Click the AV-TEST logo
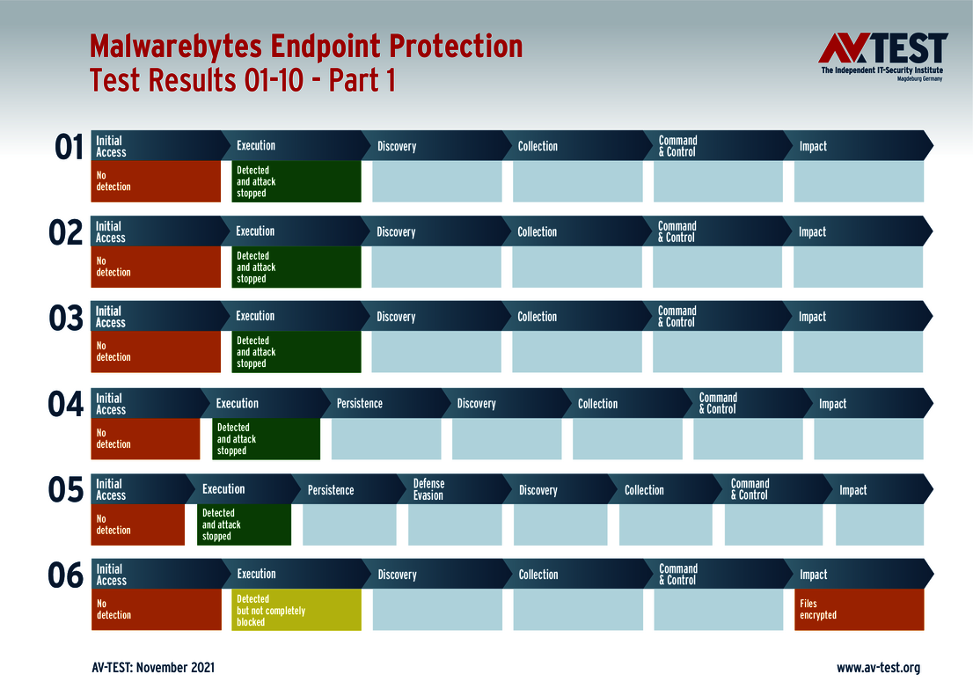coord(882,55)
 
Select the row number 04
coord(66,406)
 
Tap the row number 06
coord(66,576)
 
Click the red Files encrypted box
coord(859,610)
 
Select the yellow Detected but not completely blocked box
coord(296,610)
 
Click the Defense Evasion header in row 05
coord(428,489)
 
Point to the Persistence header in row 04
coord(359,404)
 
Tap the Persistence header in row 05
coord(331,490)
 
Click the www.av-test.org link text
coord(877,668)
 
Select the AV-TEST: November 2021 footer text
coord(153,668)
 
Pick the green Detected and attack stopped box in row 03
coord(296,352)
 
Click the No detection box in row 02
coord(156,267)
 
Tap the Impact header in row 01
coord(813,146)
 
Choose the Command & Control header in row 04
coord(718,403)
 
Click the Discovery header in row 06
coord(397,575)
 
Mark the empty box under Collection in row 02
coord(576,267)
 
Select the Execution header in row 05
coord(223,489)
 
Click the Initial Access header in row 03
coord(111,317)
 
